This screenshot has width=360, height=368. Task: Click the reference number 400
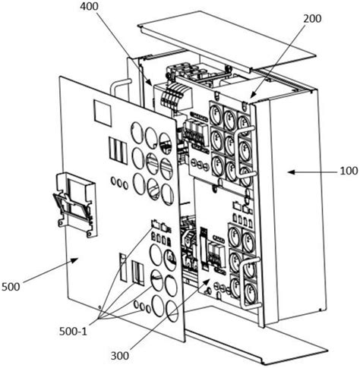89,7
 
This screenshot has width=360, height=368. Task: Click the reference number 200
312,18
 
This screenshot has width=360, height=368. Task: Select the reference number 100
349,171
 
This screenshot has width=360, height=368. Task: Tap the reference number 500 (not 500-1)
11,287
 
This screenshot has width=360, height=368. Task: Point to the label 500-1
73,332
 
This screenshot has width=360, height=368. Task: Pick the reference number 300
120,356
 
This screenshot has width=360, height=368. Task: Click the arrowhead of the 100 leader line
291,172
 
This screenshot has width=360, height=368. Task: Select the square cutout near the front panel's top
103,113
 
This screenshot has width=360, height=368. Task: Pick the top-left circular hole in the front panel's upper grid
137,131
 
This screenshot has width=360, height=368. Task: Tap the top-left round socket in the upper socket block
215,112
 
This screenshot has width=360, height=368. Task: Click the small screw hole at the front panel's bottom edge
99,307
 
